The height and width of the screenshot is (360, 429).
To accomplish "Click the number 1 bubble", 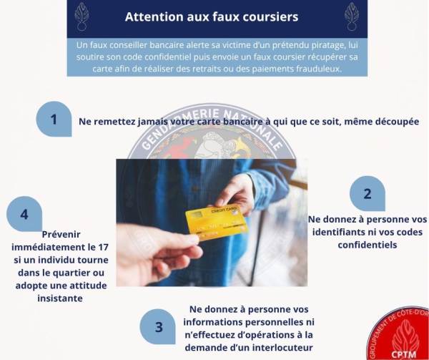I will coord(54,119).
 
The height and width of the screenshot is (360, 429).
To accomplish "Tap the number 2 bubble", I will coord(368,193).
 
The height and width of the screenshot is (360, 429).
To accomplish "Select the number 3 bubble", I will coord(159,327).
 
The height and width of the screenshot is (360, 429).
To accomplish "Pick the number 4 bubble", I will coord(24,214).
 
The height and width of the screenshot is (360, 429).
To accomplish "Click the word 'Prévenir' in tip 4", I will coord(62,233).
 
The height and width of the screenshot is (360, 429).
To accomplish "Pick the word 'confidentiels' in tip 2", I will coord(367,245).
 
